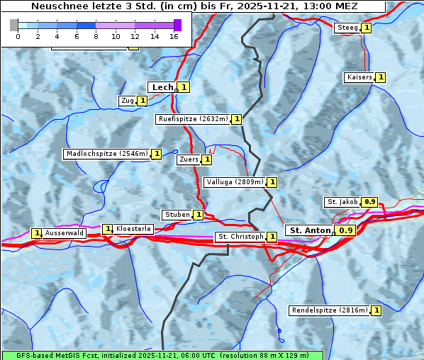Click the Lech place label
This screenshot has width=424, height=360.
pos(162,87)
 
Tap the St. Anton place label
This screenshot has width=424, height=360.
pos(310,230)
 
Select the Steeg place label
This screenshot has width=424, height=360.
pos(347,28)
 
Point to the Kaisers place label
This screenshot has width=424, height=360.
pos(359,77)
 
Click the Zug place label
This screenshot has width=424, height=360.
pos(128,101)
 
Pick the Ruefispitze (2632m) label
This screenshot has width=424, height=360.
pos(193,119)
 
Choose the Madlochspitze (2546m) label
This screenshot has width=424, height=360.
pos(106,154)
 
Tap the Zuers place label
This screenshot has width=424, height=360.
pos(188,159)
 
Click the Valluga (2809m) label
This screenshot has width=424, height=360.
pos(235,182)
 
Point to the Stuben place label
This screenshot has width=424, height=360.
pos(177,215)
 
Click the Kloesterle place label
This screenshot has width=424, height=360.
pos(133,229)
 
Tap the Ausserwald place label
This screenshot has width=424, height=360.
pos(65,233)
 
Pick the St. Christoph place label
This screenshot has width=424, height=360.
pos(240,237)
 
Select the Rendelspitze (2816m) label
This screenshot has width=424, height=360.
pos(330,310)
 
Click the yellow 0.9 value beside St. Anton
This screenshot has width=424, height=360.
pos(346,230)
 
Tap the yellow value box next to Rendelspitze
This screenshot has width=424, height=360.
pos(376,310)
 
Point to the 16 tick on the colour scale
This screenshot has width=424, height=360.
pos(173,35)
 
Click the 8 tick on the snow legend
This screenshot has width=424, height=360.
pos(95,35)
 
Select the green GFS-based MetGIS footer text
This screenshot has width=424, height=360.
pos(162,355)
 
